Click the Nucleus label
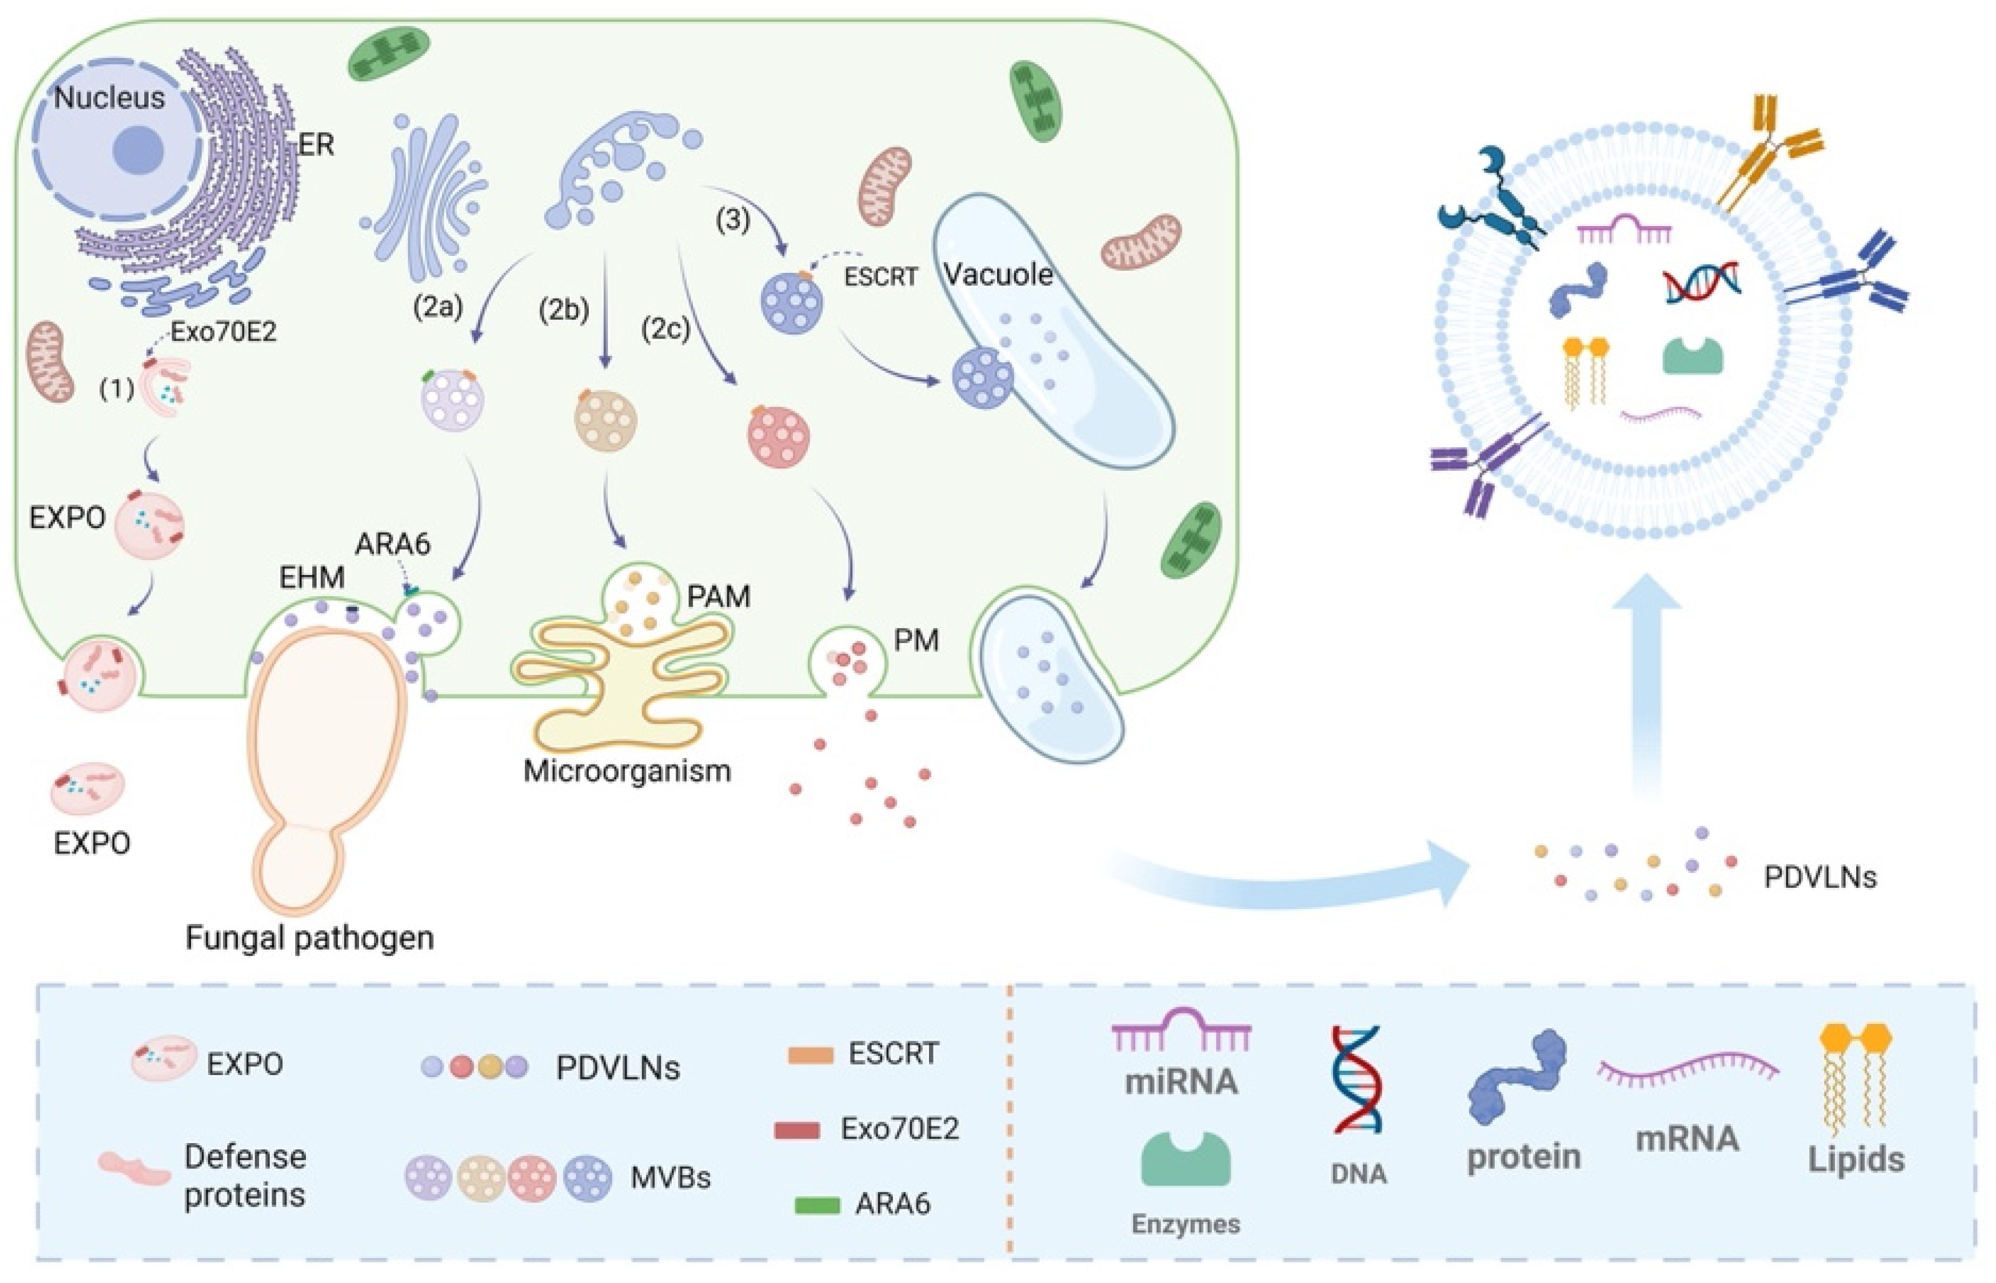click(109, 98)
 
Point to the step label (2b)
click(564, 309)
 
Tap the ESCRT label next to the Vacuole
click(880, 276)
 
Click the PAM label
click(718, 596)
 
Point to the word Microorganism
click(626, 770)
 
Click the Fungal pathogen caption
click(309, 938)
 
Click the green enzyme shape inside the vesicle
click(1692, 355)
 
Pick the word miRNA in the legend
click(1181, 1081)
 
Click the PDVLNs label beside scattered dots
click(1819, 877)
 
